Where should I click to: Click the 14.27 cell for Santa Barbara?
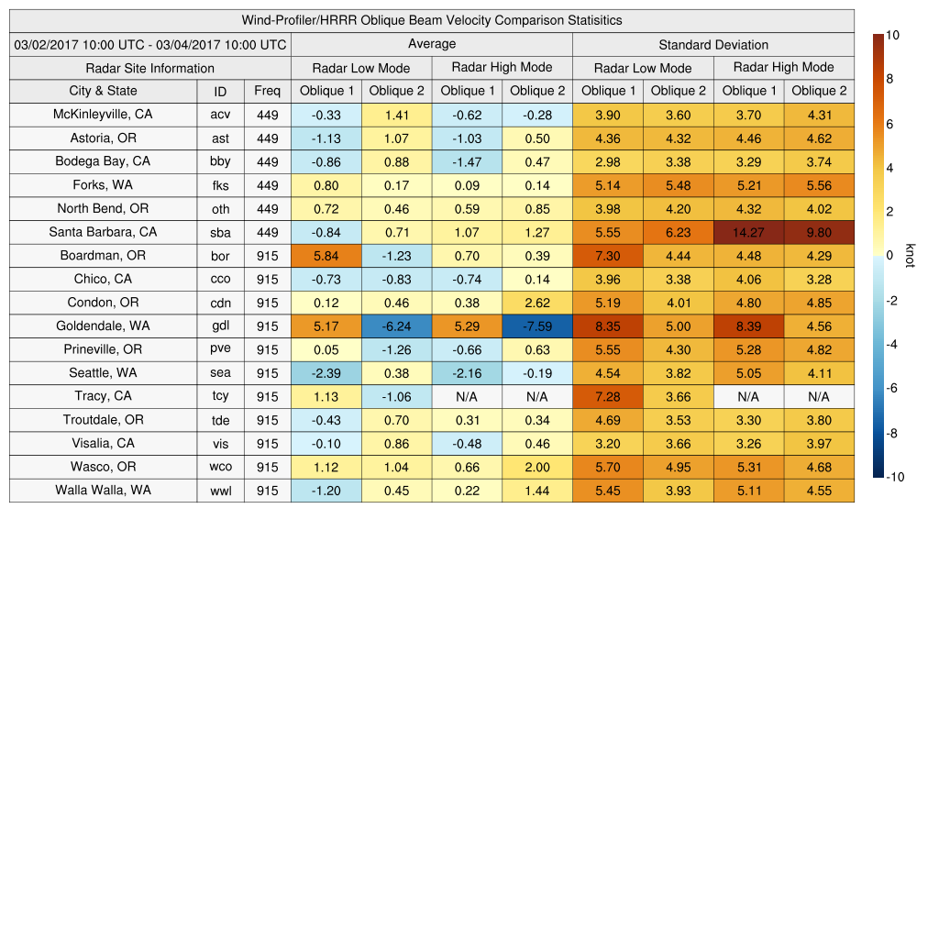(x=748, y=232)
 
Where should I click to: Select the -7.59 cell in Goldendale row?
(x=536, y=326)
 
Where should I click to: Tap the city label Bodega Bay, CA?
(x=103, y=161)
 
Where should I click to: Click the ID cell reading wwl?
(x=220, y=491)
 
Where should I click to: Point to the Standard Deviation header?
(x=713, y=44)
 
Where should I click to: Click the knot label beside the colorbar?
(x=911, y=256)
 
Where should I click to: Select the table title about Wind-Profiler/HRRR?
(x=431, y=20)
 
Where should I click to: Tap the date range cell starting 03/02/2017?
(x=149, y=44)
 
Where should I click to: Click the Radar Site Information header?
(x=149, y=68)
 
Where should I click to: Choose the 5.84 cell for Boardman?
(x=326, y=256)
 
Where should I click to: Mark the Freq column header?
(x=267, y=91)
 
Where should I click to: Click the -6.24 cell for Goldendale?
(x=396, y=326)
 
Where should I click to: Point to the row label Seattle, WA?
(x=103, y=373)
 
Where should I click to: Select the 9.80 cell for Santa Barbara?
(x=819, y=232)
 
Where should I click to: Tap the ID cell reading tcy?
(x=220, y=397)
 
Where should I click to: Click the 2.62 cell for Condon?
(x=536, y=303)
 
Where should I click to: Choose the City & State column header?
(x=103, y=91)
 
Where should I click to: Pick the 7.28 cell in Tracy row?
(x=607, y=397)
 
